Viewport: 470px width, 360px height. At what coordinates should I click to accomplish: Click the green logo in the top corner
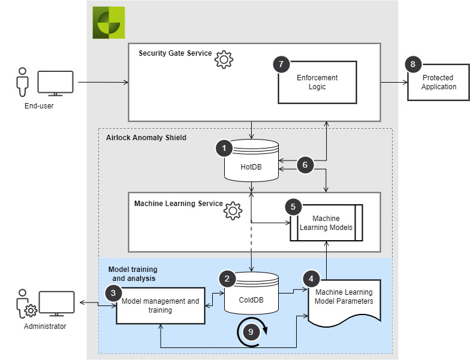109,23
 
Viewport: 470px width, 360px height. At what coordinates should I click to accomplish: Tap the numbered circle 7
281,64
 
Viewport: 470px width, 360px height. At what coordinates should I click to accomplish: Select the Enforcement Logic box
318,83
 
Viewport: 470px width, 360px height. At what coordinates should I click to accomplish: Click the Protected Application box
438,82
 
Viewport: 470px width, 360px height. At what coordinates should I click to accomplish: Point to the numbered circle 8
413,64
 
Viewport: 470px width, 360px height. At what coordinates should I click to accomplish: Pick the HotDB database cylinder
252,161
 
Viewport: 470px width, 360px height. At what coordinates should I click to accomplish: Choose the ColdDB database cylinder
252,294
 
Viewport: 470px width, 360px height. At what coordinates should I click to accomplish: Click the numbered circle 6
305,165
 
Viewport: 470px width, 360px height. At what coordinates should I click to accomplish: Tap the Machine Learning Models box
326,223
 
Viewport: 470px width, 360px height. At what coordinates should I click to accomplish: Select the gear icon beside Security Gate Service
224,60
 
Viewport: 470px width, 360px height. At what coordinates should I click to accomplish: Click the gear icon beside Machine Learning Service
233,211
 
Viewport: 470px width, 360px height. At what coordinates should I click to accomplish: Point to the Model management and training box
161,305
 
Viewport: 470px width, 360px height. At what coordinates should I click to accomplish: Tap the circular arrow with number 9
251,332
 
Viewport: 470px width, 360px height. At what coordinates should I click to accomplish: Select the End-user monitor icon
55,83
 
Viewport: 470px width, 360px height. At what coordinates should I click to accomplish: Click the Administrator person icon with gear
26,304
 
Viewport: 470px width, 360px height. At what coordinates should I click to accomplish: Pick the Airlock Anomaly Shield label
146,138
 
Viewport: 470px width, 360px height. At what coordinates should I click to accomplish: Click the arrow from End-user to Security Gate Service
103,83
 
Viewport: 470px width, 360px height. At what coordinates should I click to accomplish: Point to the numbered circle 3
113,293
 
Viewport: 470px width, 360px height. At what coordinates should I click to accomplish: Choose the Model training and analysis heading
133,274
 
